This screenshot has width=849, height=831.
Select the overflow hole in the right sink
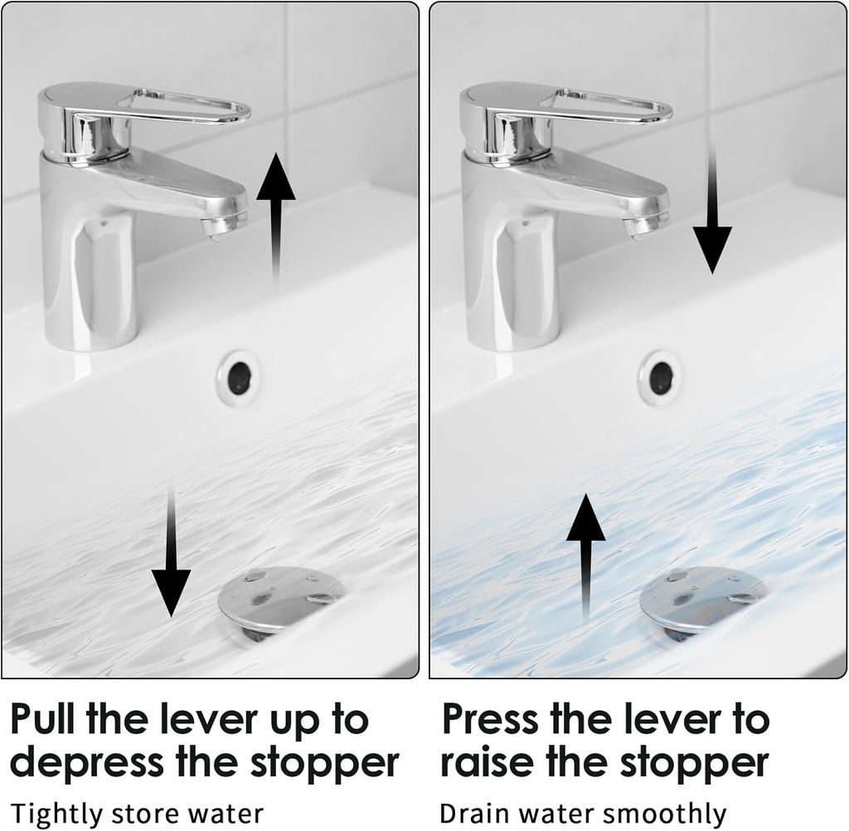tap(660, 378)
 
